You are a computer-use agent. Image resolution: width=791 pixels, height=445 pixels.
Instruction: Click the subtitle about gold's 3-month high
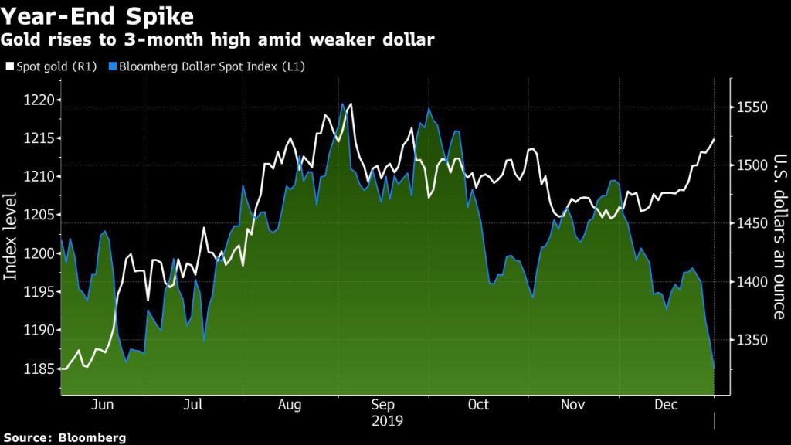click(219, 39)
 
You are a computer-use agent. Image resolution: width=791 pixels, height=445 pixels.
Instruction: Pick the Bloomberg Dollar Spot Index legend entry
click(210, 66)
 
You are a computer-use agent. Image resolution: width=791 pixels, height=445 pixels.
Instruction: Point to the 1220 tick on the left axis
click(36, 100)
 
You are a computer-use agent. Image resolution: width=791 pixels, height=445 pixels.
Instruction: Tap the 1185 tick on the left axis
click(36, 369)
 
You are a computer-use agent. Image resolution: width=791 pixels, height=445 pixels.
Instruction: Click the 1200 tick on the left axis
click(36, 253)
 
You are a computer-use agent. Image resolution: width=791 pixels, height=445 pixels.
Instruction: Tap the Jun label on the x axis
click(103, 405)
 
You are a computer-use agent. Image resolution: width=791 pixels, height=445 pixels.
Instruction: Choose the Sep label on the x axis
click(383, 405)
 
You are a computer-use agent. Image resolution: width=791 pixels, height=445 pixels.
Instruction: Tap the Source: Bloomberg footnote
click(63, 437)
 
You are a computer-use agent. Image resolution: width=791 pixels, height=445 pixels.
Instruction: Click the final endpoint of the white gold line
click(714, 140)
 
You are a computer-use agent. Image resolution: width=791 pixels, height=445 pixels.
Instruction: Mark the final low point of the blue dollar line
click(714, 369)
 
